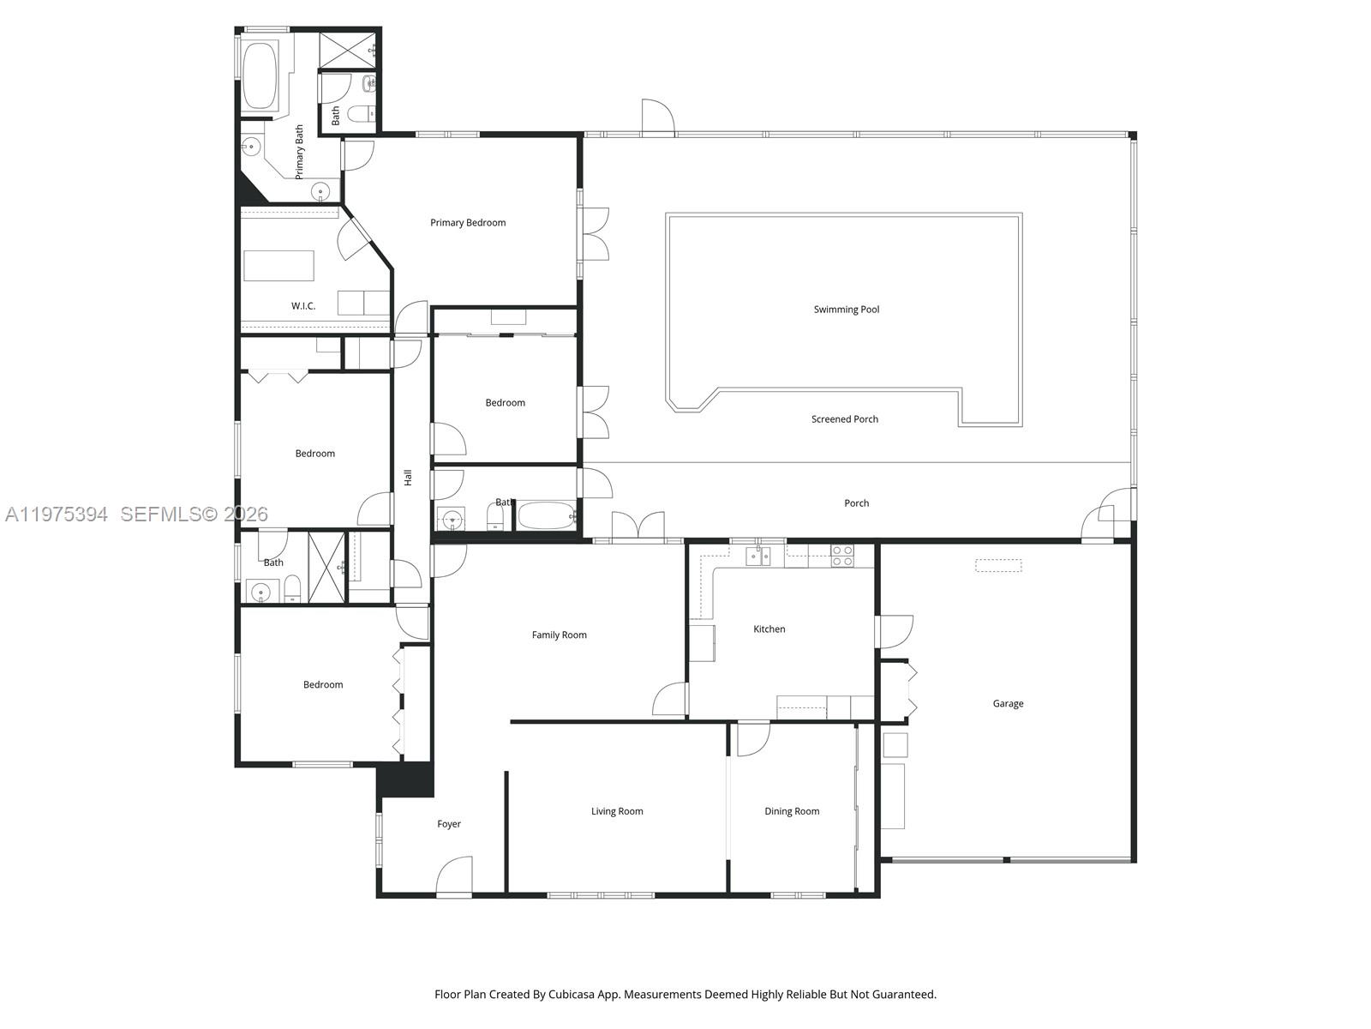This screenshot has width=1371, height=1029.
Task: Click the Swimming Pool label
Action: (x=847, y=310)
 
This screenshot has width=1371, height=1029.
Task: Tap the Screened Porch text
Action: (x=845, y=419)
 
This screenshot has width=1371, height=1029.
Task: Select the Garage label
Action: (x=1008, y=704)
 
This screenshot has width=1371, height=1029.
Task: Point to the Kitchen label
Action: (x=769, y=629)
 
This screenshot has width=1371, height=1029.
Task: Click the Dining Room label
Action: (x=792, y=811)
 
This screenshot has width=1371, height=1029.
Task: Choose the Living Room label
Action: (x=617, y=811)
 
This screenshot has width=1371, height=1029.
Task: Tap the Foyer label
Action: (x=449, y=824)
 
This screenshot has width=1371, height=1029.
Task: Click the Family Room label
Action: (x=560, y=635)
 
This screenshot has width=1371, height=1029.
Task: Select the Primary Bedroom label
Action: (x=468, y=223)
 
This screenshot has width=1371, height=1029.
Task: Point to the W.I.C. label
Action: (x=303, y=306)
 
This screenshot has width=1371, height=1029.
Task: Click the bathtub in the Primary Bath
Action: (x=258, y=75)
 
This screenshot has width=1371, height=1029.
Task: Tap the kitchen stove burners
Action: (x=842, y=556)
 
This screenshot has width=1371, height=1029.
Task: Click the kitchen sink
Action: (x=757, y=557)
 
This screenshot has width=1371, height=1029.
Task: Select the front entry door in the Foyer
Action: (x=454, y=876)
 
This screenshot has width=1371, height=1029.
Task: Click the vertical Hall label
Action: (x=409, y=478)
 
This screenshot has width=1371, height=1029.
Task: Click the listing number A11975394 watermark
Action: (x=57, y=514)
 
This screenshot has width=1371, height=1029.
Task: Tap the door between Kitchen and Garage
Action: (x=894, y=633)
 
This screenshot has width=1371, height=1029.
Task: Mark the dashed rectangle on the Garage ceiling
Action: (x=998, y=566)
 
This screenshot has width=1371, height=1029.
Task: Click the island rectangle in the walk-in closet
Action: (x=278, y=266)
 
